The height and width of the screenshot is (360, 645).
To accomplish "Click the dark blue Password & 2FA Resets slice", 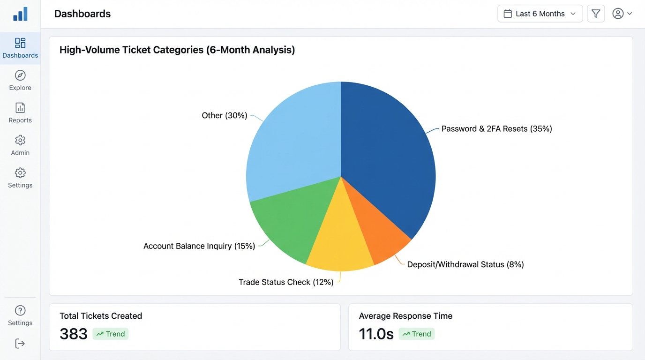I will pyautogui.click(x=389, y=155).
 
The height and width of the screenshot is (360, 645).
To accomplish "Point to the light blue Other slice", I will pyautogui.click(x=295, y=141).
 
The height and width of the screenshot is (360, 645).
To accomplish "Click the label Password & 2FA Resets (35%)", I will pyautogui.click(x=496, y=129).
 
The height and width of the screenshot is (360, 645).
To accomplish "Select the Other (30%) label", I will pyautogui.click(x=224, y=115).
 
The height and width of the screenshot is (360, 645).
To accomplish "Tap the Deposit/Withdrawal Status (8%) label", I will pyautogui.click(x=465, y=264).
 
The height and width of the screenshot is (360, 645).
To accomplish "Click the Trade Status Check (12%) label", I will pyautogui.click(x=286, y=282).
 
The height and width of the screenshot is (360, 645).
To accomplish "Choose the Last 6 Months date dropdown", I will pyautogui.click(x=540, y=14).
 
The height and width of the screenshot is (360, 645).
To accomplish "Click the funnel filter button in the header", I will pyautogui.click(x=596, y=14).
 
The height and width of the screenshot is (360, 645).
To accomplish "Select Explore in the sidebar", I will pyautogui.click(x=20, y=81).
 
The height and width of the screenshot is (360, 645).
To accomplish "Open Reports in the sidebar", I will pyautogui.click(x=20, y=113).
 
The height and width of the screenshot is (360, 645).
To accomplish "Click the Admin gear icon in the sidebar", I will pyautogui.click(x=20, y=140).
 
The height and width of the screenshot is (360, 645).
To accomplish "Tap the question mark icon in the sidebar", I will pyautogui.click(x=20, y=310).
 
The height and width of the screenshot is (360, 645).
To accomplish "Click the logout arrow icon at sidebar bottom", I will pyautogui.click(x=20, y=344).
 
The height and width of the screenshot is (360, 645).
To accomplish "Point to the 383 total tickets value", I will pyautogui.click(x=74, y=334).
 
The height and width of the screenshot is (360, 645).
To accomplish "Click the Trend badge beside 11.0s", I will pyautogui.click(x=417, y=334).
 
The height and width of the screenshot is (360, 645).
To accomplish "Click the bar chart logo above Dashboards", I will pyautogui.click(x=20, y=14).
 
